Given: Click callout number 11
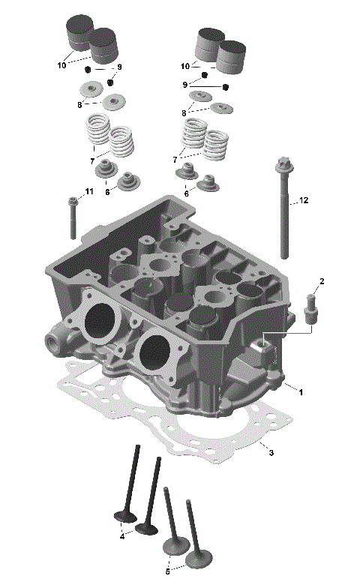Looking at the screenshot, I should [x=89, y=192].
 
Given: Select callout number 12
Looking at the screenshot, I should [x=304, y=200].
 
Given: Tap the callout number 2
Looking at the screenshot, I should [x=322, y=281].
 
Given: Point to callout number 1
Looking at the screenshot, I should [x=300, y=391].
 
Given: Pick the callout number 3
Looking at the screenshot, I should [x=271, y=452].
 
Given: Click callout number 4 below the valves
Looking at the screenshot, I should [x=122, y=536].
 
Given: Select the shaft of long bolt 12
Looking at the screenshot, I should [x=286, y=225].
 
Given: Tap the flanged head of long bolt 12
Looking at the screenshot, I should [x=283, y=163].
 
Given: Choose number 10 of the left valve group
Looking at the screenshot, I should [x=61, y=66].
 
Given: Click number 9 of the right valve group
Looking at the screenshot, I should [x=185, y=85].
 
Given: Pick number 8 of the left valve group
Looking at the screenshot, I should [x=79, y=104].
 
